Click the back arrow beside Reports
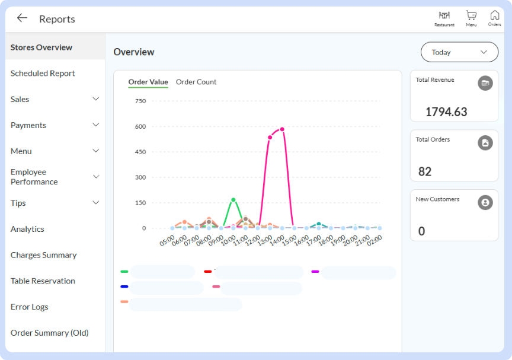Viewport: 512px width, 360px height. click(x=22, y=18)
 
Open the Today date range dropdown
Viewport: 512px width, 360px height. click(x=459, y=52)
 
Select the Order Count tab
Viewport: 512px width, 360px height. click(x=196, y=82)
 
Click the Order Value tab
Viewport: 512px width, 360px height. click(x=148, y=82)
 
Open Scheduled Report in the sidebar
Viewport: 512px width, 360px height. click(x=43, y=73)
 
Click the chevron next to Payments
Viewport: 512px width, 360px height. click(x=95, y=125)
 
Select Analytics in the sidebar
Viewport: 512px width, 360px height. click(x=27, y=229)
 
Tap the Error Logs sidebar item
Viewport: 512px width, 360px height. click(x=30, y=307)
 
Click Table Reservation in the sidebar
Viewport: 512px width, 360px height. click(x=43, y=281)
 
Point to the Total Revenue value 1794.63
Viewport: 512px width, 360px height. click(x=446, y=112)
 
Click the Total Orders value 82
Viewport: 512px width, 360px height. click(x=425, y=171)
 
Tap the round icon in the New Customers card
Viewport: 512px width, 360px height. click(x=485, y=203)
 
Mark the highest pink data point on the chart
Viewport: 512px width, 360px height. click(x=282, y=129)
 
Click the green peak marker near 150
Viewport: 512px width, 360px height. click(x=233, y=200)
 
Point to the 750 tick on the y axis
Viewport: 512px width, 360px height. click(x=140, y=101)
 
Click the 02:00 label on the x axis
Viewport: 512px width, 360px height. click(x=374, y=241)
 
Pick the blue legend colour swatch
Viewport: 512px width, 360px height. click(x=124, y=286)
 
